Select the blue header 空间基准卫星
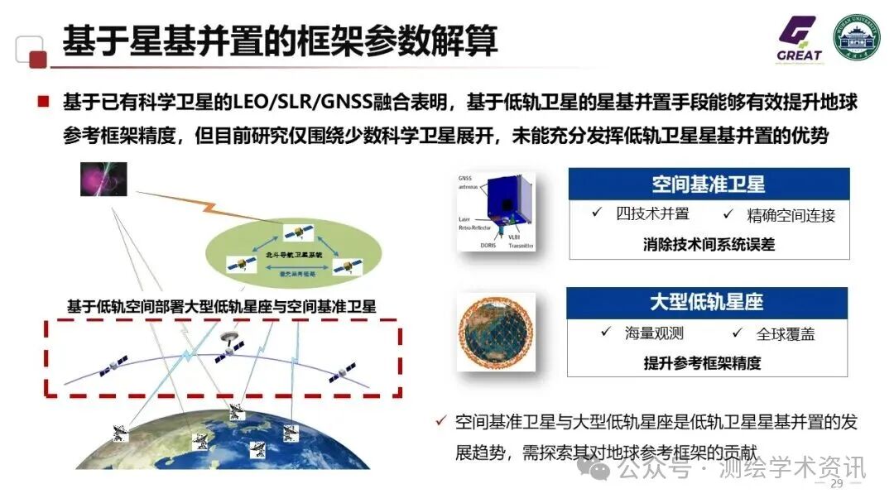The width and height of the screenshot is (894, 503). (x=708, y=184)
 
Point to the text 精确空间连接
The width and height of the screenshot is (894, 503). (x=791, y=215)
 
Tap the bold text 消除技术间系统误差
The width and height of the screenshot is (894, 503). (x=709, y=244)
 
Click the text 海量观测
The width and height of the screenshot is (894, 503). (x=654, y=333)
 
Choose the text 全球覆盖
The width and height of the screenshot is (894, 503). (x=785, y=334)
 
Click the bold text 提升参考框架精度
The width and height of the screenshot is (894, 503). (x=701, y=362)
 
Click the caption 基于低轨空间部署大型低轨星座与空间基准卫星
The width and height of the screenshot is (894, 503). (x=221, y=306)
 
